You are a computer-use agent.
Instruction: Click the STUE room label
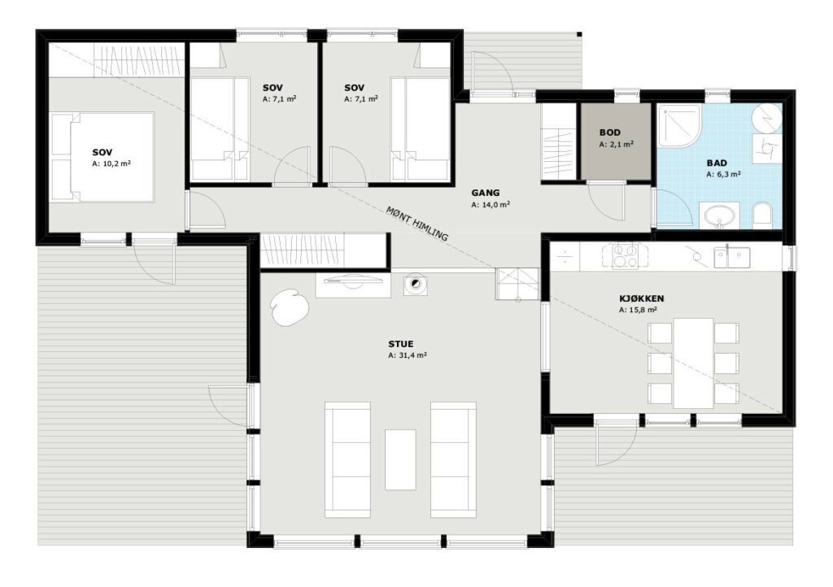tap(400, 344)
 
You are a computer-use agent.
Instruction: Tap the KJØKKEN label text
tap(641, 299)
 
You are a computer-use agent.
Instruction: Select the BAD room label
tap(717, 163)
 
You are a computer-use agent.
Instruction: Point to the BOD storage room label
tap(610, 133)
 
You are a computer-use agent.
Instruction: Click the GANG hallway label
tap(486, 193)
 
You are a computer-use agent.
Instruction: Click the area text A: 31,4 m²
tap(408, 355)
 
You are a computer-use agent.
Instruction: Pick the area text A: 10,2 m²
tap(111, 164)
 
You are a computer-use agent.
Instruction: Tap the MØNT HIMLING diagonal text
tap(417, 223)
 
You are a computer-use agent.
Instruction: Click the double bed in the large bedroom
tap(102, 157)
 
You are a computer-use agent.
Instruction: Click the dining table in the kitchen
tap(693, 363)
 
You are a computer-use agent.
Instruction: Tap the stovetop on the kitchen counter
tap(624, 256)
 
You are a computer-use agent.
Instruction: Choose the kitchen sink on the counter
tap(731, 257)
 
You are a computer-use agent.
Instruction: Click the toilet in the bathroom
tap(763, 215)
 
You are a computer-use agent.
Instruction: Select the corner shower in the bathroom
tap(679, 125)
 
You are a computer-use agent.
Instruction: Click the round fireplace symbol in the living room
tap(414, 285)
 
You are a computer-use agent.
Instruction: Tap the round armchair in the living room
tap(289, 307)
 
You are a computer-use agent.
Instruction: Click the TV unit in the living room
tap(354, 285)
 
